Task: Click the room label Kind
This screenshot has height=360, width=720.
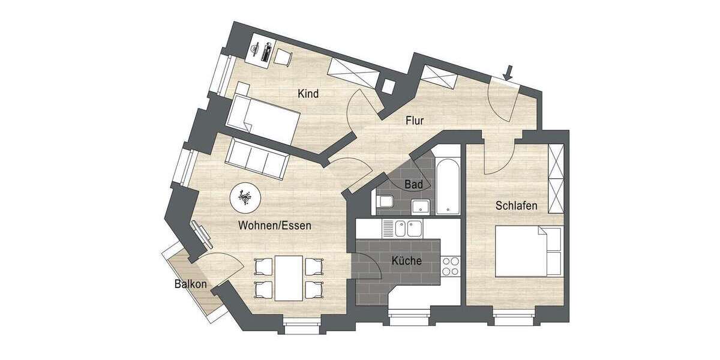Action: point(308,94)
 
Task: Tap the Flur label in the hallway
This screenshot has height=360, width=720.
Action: point(415,121)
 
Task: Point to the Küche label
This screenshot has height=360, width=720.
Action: point(406,261)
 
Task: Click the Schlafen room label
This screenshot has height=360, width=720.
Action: point(516,206)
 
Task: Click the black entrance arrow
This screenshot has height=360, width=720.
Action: point(509,73)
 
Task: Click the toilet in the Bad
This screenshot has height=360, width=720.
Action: point(385,202)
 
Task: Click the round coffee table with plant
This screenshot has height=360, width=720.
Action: point(245,197)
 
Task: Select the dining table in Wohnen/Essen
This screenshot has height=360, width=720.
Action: point(289,277)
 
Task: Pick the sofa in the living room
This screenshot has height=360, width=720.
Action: point(256,158)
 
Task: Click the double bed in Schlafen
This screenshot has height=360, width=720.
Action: point(529,250)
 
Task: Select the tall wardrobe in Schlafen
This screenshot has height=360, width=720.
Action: point(557,179)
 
